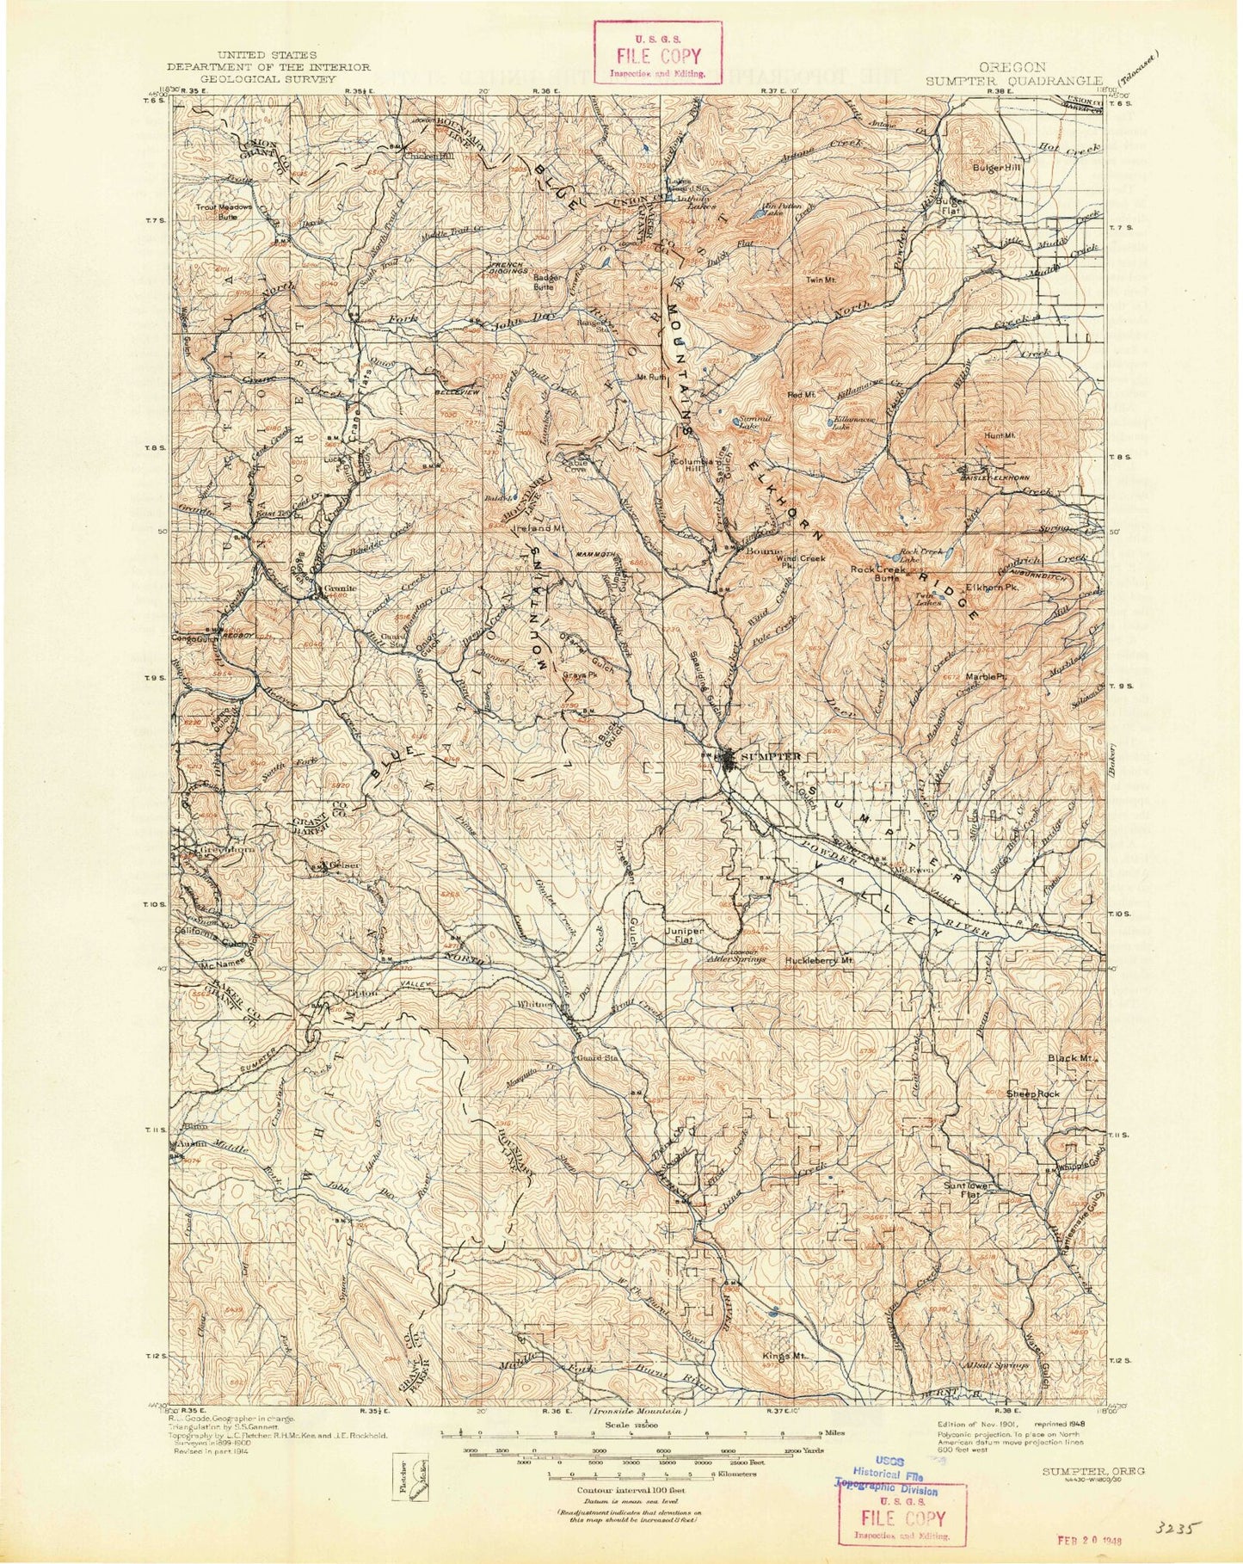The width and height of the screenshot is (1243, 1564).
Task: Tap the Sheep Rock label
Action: tap(1032, 1093)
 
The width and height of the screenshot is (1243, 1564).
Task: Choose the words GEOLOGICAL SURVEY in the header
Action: tap(268, 77)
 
